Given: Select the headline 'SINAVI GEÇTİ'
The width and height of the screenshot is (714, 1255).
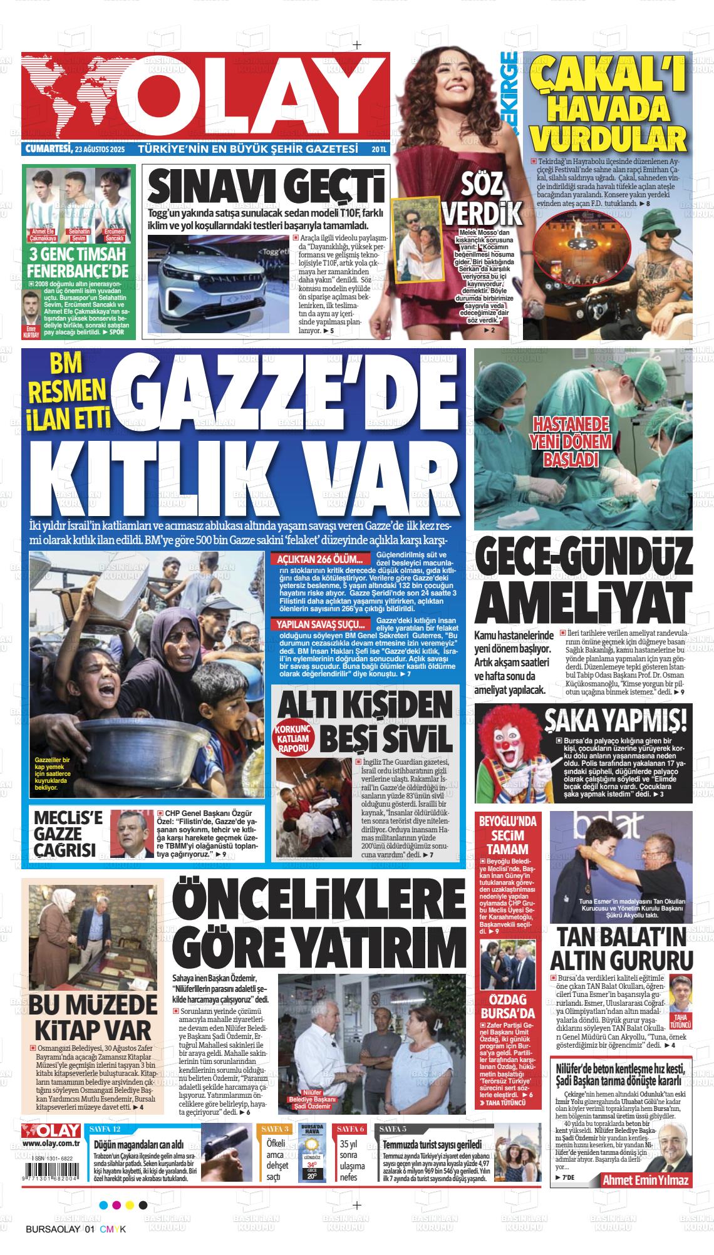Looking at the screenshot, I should click(x=266, y=187).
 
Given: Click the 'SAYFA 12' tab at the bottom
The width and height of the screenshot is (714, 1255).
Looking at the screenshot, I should click(x=105, y=1128).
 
